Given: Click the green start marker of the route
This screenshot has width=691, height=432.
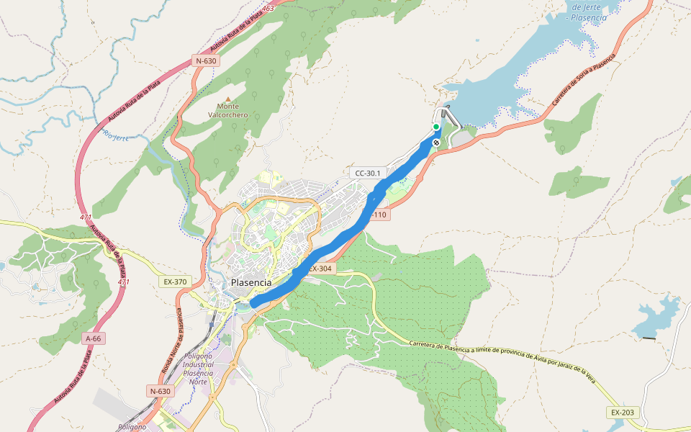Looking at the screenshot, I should click(436, 127).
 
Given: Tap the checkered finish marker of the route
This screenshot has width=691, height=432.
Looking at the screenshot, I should click(436, 143).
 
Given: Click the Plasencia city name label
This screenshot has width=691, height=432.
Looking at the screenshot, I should click(251, 282).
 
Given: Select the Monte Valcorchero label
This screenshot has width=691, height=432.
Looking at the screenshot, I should click(228, 110).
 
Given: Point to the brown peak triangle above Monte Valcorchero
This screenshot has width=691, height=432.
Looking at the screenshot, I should click(228, 99).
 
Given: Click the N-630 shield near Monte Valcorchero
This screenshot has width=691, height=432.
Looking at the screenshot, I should click(205, 61).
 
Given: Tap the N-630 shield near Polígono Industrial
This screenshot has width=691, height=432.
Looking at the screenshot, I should click(160, 391).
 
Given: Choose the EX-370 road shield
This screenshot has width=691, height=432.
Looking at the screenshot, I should click(175, 282).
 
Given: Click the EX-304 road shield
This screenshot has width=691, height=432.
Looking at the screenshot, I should click(321, 269).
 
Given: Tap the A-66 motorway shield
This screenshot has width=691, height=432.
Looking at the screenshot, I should click(94, 338).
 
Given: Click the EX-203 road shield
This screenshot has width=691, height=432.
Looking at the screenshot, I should click(623, 412).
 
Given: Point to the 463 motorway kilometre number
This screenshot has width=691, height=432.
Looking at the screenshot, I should click(268, 9).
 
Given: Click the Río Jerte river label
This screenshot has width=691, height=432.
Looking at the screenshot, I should click(115, 135).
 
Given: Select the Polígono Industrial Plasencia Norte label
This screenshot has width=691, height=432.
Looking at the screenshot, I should click(199, 369).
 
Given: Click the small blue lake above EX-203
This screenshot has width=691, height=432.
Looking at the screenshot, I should click(659, 315).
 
